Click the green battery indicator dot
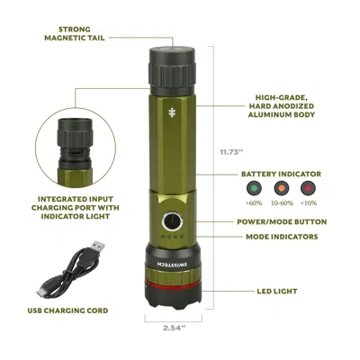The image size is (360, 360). (251, 191)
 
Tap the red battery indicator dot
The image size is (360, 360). (309, 191)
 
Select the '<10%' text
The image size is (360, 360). (309, 205)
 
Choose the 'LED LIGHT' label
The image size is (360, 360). (274, 292)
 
